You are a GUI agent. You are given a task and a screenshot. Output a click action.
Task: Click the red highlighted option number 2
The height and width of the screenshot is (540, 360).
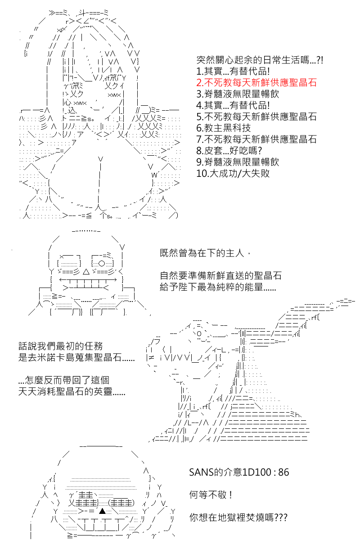coord(256,82)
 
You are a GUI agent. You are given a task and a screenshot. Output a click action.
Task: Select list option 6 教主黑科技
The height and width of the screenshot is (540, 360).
coord(224,128)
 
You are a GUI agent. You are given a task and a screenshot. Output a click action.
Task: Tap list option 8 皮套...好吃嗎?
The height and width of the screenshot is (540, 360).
coord(229,150)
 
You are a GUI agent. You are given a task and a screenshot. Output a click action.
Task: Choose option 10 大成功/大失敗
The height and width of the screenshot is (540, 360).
coord(233,173)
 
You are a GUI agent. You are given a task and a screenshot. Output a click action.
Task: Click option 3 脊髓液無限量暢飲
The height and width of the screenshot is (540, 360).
coord(238,94)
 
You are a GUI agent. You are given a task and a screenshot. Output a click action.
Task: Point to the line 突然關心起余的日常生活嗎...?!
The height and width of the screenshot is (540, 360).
coord(260,60)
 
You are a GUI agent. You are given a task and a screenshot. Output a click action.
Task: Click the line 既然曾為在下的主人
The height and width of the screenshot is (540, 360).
coord(205,253)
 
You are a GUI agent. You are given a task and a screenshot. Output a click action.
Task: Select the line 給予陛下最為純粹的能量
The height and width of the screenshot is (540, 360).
coord(218,287)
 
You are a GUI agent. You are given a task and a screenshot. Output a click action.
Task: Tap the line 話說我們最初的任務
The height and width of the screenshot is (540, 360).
coord(61,346)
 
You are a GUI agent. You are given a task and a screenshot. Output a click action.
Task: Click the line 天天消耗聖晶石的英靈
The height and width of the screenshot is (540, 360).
coord(72,391)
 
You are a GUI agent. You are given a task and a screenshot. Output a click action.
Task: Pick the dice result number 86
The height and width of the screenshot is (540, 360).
coord(283,472)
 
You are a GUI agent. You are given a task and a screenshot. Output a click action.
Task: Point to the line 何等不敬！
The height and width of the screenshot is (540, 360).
coord(211,495)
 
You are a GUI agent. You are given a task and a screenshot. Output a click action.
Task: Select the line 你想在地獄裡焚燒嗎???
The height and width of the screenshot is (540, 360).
coord(238,517)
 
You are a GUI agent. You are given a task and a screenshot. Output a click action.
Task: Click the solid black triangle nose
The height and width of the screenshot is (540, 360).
coord(103,511)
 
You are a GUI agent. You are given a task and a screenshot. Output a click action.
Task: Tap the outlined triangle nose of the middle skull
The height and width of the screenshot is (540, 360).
coord(86,272)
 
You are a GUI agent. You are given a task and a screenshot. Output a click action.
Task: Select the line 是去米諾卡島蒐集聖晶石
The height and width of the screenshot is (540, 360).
coord(76,357)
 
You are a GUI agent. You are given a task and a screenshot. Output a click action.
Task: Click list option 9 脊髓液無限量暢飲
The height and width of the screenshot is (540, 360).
coord(238,162)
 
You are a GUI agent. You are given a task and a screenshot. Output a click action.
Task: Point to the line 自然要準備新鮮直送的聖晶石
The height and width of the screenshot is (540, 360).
coord(220,275)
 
